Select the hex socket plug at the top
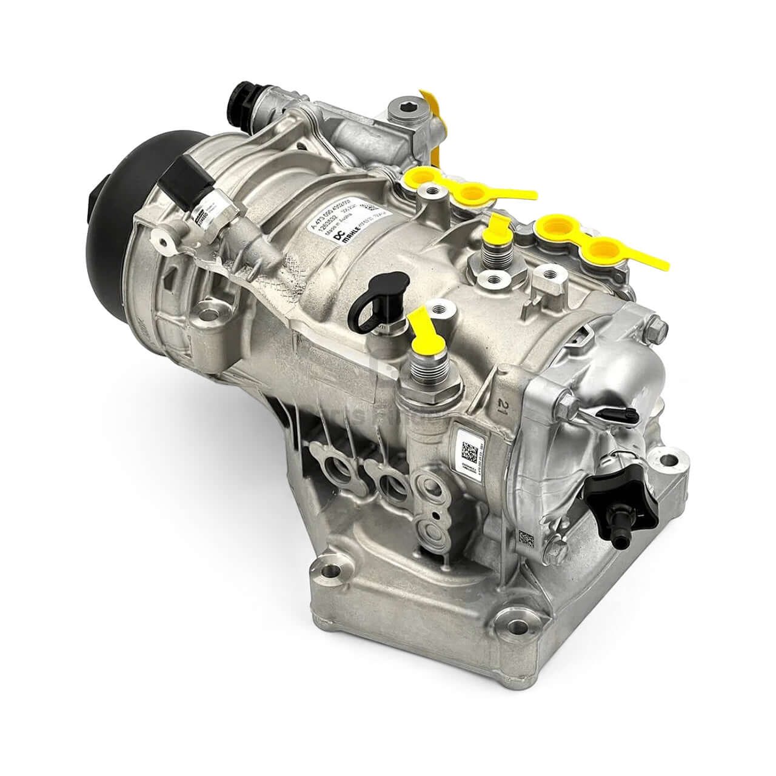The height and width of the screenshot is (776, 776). click(x=399, y=113)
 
